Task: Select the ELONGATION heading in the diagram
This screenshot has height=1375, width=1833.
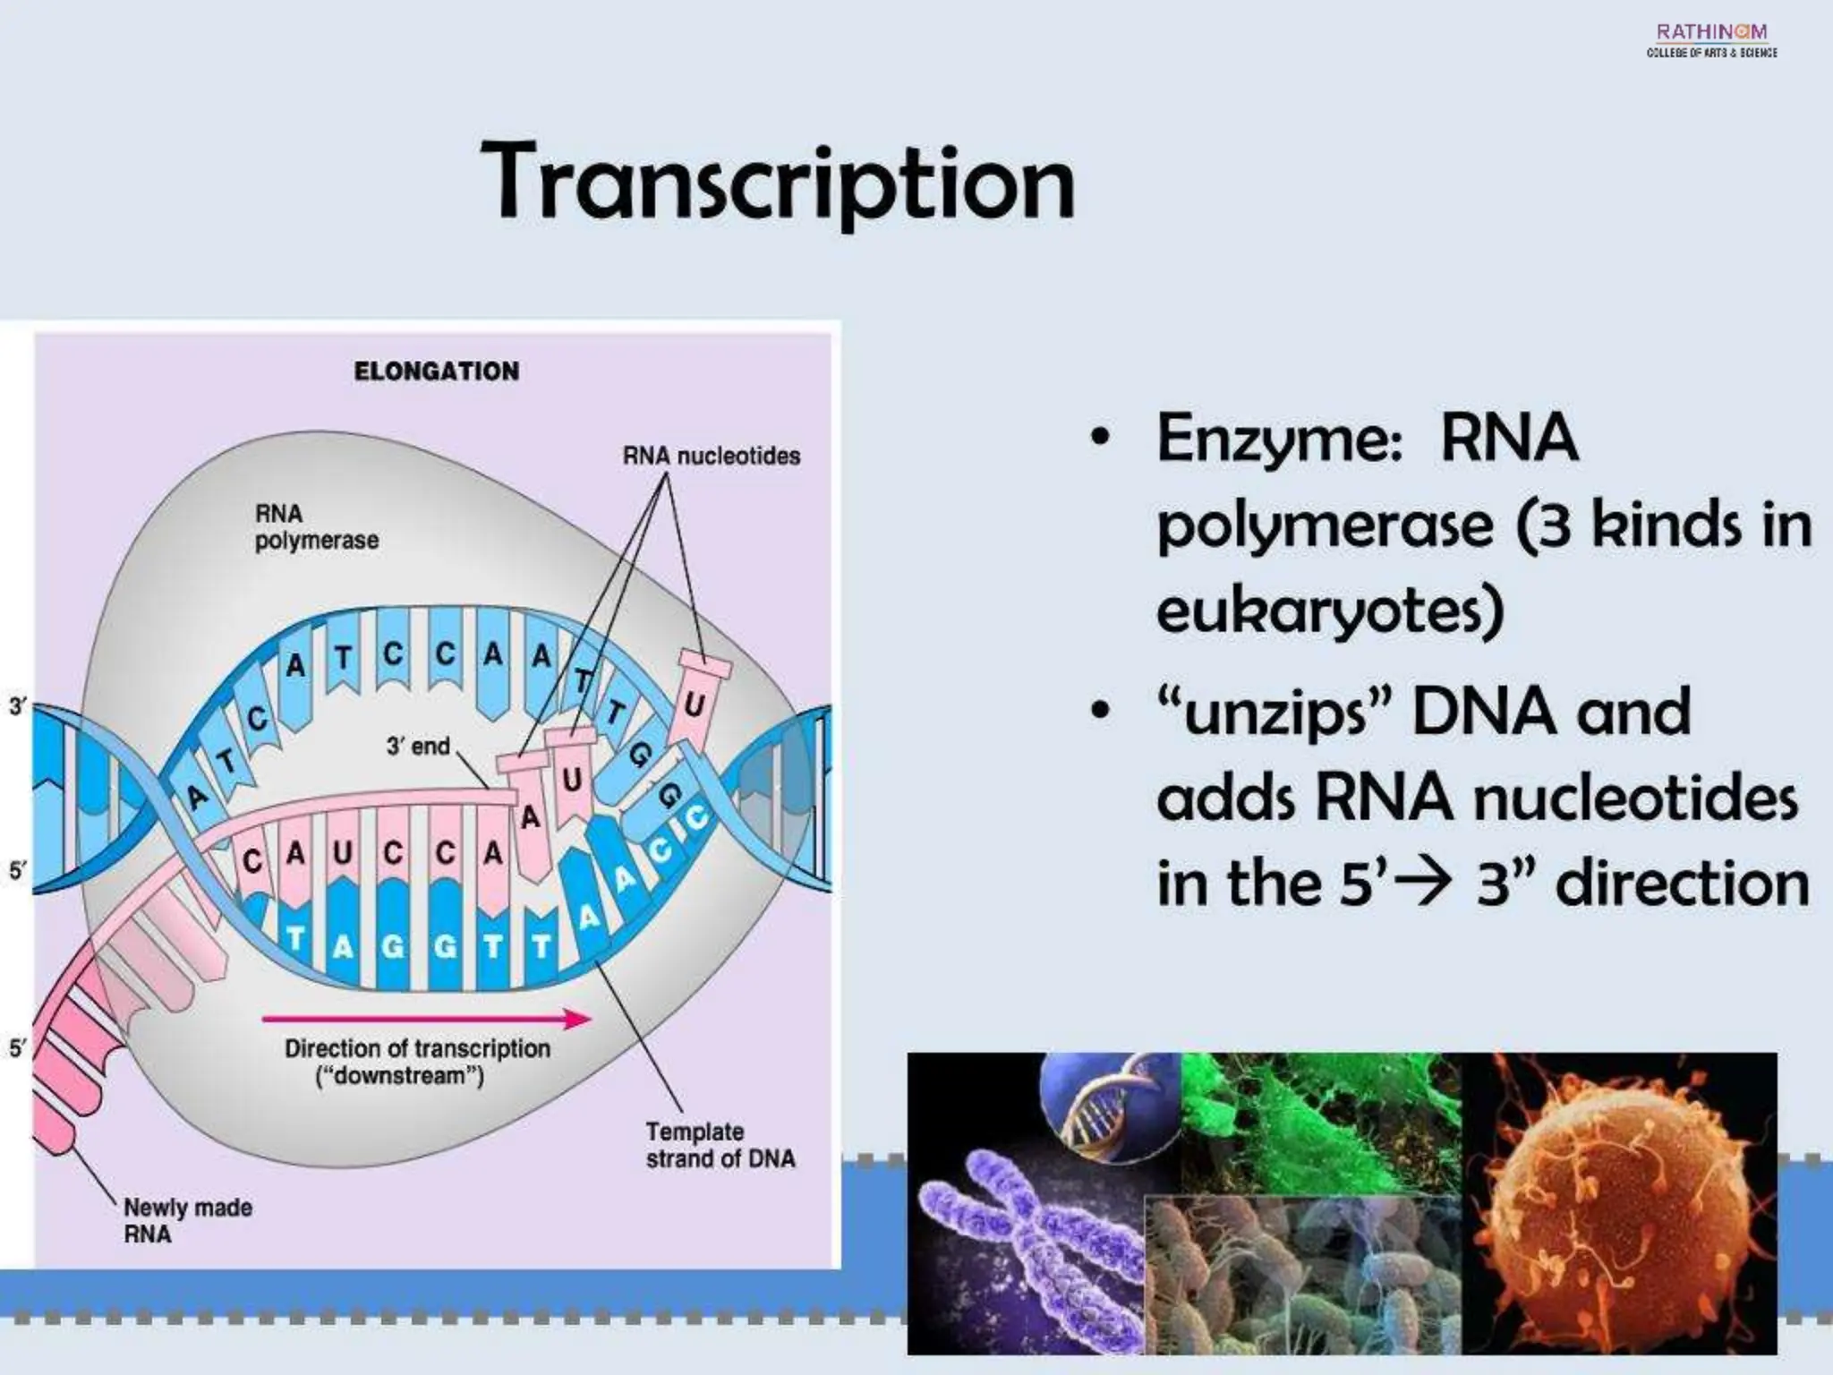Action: (x=436, y=372)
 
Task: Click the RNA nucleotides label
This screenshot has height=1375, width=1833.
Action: (x=712, y=456)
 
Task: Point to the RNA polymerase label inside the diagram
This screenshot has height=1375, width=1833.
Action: (x=316, y=527)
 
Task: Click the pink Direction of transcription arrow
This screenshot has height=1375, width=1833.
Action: (x=426, y=1018)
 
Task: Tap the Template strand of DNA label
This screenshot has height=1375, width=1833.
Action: (x=720, y=1145)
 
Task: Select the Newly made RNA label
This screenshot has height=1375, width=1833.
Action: (x=187, y=1220)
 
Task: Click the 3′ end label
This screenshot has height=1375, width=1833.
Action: (x=418, y=746)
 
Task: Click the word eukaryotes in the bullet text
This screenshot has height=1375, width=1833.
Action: (x=1329, y=611)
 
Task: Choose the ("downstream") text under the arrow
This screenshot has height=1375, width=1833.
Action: (x=399, y=1076)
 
